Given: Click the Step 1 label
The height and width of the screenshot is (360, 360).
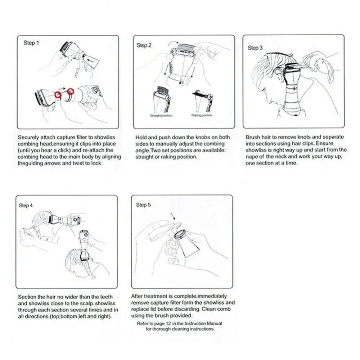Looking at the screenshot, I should [x=31, y=43].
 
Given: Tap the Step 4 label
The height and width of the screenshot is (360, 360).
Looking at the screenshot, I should [x=26, y=205].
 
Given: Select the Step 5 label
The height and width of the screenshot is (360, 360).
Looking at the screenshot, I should [x=144, y=205].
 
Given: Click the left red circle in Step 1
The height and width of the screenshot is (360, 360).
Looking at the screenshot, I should [x=57, y=95].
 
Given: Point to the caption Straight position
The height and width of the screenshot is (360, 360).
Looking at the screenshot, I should [x=161, y=116].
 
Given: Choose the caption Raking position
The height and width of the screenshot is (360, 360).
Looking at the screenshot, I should [x=202, y=116].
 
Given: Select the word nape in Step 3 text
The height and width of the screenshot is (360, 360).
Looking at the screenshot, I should [x=253, y=156].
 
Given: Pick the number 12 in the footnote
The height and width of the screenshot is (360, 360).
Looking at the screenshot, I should [x=169, y=324].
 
